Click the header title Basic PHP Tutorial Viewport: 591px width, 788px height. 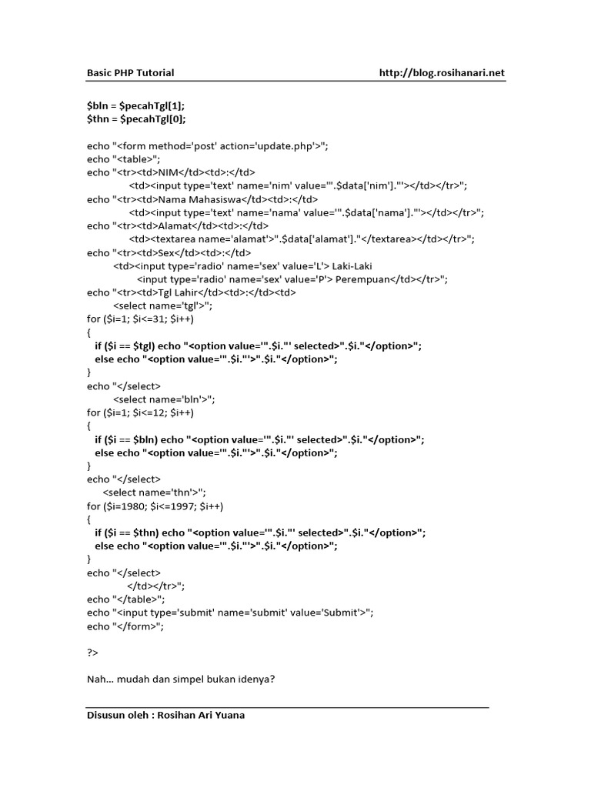(x=129, y=73)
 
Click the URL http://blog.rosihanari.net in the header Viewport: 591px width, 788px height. (x=442, y=73)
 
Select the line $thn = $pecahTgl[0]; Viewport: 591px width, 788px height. (x=136, y=119)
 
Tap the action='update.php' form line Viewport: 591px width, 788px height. (x=208, y=145)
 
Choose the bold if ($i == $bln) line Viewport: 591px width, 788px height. (x=259, y=439)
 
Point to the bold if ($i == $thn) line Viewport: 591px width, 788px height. (x=259, y=533)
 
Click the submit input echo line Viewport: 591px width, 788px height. (x=231, y=613)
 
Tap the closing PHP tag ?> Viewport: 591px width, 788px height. (x=93, y=653)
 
